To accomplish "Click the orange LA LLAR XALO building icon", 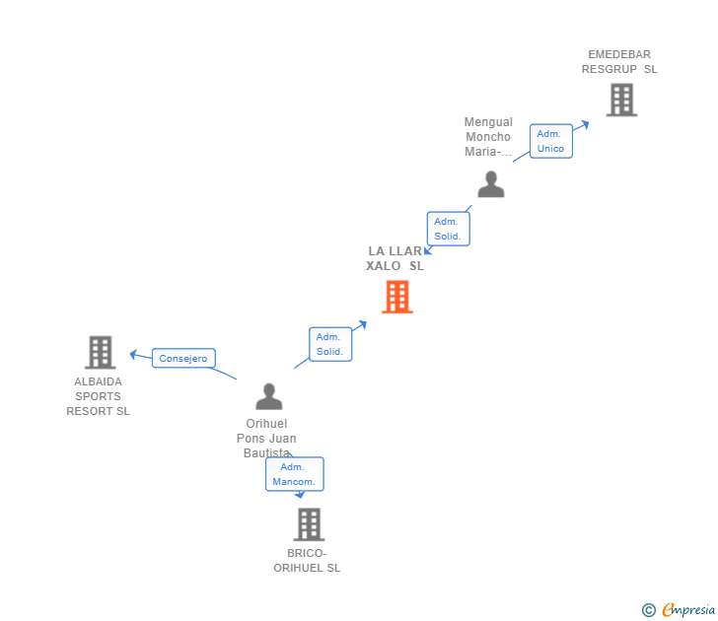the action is click(x=396, y=297).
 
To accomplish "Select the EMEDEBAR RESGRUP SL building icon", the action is click(x=621, y=100).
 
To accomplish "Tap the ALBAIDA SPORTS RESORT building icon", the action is click(x=100, y=352).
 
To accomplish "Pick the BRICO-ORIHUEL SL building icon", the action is click(x=309, y=524).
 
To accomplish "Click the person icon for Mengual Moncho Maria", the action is click(x=491, y=184).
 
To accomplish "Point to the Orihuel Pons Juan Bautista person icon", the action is click(x=269, y=396).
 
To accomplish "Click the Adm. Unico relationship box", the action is click(x=550, y=141).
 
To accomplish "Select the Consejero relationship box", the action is click(x=183, y=359).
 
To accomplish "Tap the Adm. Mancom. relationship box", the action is click(x=294, y=474).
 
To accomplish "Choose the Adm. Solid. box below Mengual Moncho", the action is click(x=448, y=229).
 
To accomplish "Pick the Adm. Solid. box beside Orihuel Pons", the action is click(x=329, y=344).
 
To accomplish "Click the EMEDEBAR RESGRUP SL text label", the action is click(x=619, y=62).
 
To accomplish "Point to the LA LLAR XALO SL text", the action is click(x=395, y=258).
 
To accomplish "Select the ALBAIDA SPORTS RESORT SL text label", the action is click(x=99, y=396).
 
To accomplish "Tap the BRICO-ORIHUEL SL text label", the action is click(x=307, y=560).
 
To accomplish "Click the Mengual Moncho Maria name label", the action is click(x=489, y=137).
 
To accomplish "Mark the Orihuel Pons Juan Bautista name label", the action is click(x=266, y=438).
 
